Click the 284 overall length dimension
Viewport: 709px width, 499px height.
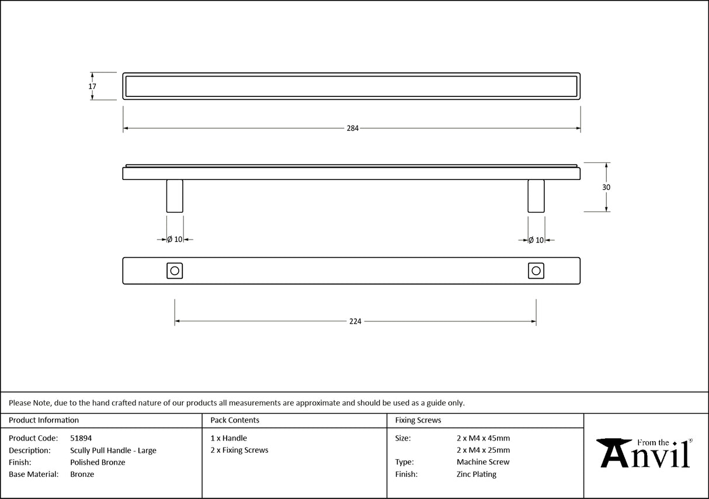[x=352, y=129]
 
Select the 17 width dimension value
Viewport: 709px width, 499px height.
[x=92, y=86]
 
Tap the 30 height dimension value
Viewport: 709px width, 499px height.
[x=606, y=188]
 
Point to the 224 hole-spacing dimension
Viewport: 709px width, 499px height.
[x=355, y=321]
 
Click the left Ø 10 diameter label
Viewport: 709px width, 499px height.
[x=175, y=240]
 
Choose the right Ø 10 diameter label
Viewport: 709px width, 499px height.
[x=536, y=240]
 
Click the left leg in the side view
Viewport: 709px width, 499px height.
[x=175, y=196]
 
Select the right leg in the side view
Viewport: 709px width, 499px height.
[x=536, y=196]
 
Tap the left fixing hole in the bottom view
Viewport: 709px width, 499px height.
[x=175, y=271]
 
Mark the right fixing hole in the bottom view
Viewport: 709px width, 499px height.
[x=536, y=271]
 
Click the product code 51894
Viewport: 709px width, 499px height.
[x=81, y=438]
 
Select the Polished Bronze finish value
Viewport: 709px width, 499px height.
[x=98, y=462]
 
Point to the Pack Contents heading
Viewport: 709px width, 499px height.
[x=235, y=420]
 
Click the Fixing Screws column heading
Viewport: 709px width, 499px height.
[x=418, y=420]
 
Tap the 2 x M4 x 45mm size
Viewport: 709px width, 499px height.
[x=483, y=438]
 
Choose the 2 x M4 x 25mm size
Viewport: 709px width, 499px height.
[x=483, y=451]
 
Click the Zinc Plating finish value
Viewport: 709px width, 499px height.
[x=477, y=474]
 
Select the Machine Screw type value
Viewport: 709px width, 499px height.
[x=483, y=462]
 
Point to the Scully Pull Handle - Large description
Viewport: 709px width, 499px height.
[x=113, y=451]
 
